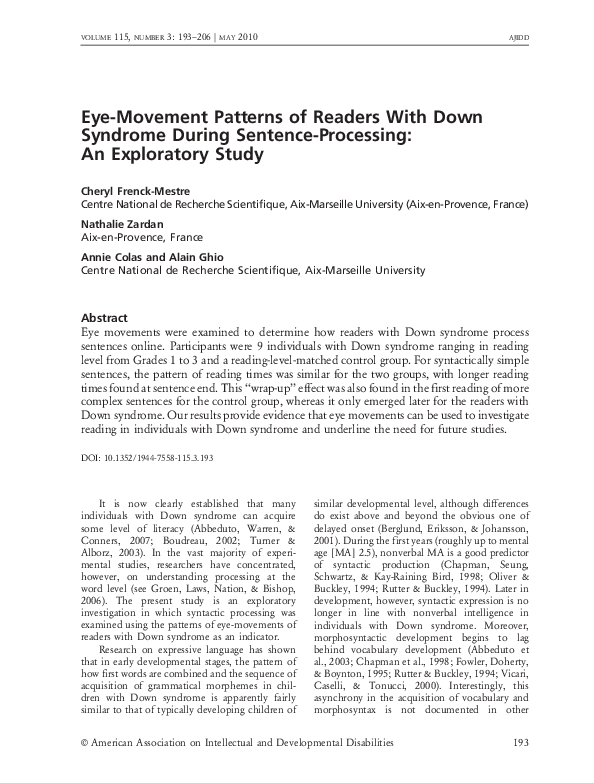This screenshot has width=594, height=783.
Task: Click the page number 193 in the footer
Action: (x=519, y=743)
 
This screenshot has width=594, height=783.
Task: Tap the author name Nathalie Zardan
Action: (x=123, y=224)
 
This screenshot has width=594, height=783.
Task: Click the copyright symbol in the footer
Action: (x=84, y=743)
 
